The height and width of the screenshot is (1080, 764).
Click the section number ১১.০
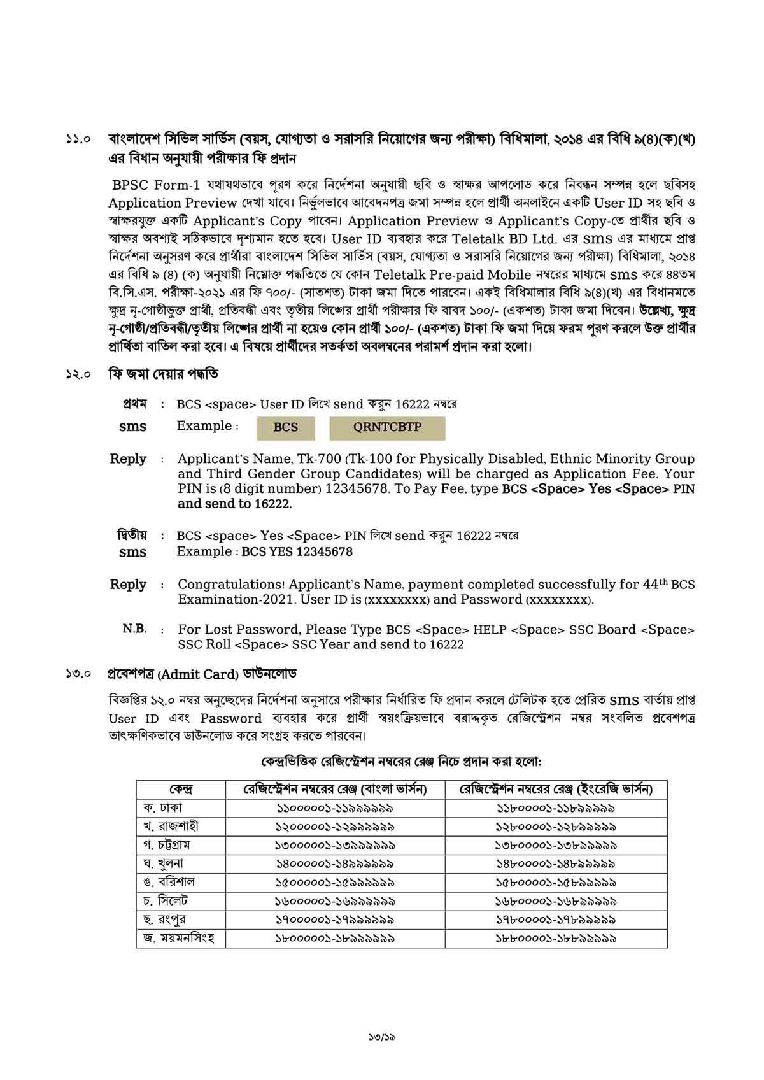click(79, 138)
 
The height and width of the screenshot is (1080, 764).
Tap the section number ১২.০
click(79, 374)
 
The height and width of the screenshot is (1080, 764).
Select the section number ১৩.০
click(79, 673)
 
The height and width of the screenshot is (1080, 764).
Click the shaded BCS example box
click(285, 427)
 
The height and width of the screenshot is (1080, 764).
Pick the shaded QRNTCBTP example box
click(387, 427)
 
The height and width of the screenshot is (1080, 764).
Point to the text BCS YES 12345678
click(297, 551)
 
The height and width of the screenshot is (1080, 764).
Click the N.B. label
click(134, 629)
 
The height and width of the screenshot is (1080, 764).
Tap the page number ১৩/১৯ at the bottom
click(382, 1037)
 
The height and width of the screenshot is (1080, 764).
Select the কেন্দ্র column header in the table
click(181, 790)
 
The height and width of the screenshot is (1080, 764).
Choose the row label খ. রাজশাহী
click(171, 826)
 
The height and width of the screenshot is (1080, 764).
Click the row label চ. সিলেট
click(166, 900)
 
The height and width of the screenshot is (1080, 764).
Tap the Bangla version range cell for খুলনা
click(335, 864)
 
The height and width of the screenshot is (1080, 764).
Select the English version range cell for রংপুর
click(556, 920)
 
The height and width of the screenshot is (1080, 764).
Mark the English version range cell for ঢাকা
click(556, 808)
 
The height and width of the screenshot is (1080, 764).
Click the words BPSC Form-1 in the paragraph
click(156, 185)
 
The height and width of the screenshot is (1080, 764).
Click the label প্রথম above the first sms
click(135, 404)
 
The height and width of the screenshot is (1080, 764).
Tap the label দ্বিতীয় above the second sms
click(132, 535)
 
